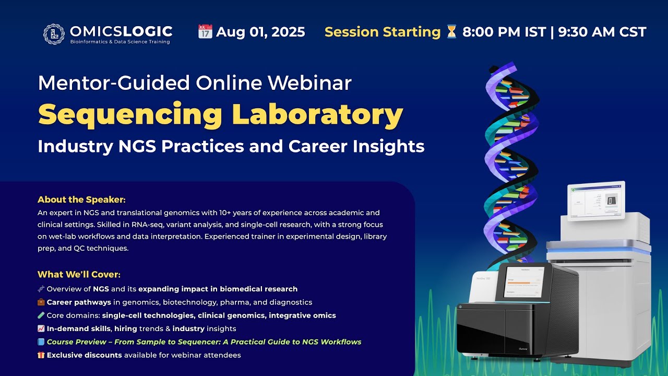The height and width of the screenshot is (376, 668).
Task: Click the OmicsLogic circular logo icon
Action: [54, 33]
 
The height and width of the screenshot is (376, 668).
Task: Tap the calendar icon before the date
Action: [205, 32]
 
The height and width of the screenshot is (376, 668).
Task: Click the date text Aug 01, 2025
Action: [260, 32]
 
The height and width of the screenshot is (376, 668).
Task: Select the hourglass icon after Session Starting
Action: [451, 32]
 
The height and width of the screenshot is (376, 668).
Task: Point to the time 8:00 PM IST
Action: [504, 32]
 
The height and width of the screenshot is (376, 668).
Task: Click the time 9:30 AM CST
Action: [602, 32]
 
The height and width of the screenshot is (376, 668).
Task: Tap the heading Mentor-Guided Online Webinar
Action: [195, 83]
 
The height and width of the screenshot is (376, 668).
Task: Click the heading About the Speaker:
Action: [81, 199]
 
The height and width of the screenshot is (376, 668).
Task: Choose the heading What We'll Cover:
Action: [79, 274]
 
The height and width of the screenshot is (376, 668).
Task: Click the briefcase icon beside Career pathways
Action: [41, 302]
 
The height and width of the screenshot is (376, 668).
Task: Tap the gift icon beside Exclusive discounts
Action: [41, 356]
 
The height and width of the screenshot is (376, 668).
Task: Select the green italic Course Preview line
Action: [204, 342]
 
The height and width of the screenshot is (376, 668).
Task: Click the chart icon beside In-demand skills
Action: [41, 329]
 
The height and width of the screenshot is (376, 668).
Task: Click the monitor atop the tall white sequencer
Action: [596, 201]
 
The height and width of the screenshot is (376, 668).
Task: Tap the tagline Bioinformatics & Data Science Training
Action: [120, 42]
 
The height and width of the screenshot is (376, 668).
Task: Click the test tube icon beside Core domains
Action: [41, 315]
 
